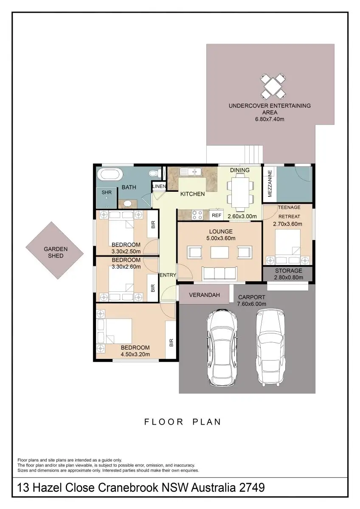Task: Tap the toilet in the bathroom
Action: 155,173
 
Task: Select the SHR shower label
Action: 107,193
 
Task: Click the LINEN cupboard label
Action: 159,186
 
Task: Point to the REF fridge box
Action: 216,215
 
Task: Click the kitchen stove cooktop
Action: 197,215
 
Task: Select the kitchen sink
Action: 191,172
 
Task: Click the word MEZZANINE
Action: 270,184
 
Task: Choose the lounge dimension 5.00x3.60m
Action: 221,238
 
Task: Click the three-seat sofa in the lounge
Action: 219,273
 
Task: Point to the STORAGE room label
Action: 288,271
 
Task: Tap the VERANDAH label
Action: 205,295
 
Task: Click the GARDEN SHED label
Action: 56,252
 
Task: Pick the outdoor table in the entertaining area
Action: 273,87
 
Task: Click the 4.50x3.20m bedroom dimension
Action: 135,354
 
